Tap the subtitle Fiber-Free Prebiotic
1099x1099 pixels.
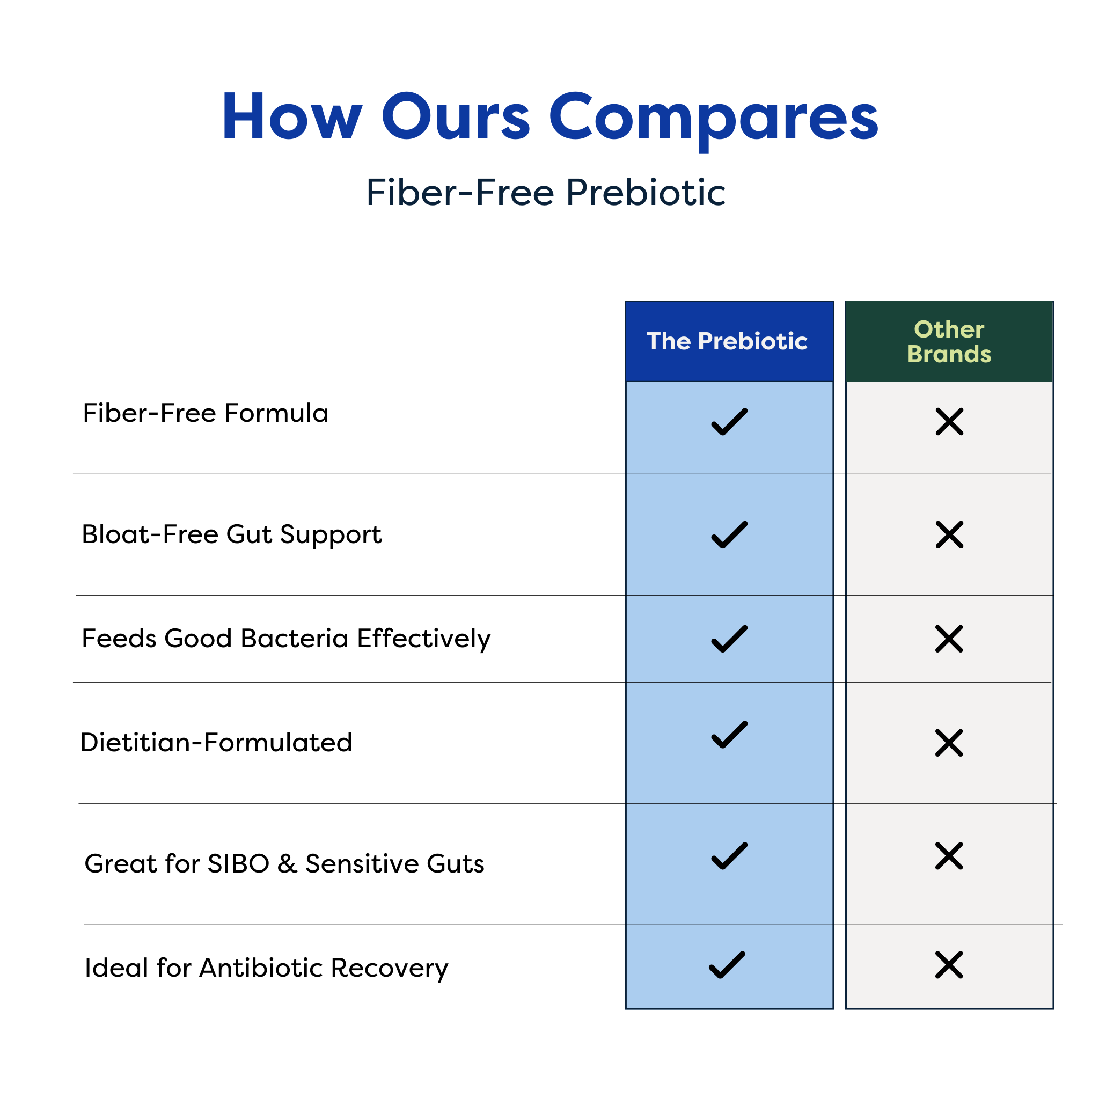click(x=546, y=192)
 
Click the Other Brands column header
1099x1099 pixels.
click(x=949, y=341)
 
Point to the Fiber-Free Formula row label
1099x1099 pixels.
click(x=206, y=413)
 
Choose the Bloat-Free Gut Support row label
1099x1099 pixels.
click(x=231, y=534)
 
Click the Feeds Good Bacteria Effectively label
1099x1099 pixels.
click(x=286, y=639)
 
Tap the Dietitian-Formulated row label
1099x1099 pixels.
click(x=216, y=743)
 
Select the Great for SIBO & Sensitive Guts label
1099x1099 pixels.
click(x=284, y=864)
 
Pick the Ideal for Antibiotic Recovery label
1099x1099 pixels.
click(x=266, y=968)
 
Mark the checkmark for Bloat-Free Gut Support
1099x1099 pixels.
click(x=729, y=534)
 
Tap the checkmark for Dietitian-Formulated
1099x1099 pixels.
click(x=729, y=735)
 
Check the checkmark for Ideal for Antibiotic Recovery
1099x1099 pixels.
click(x=727, y=965)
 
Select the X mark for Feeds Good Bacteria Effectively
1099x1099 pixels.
click(x=949, y=639)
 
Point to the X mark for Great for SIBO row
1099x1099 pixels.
click(x=949, y=856)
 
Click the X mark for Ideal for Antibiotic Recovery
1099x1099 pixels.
click(x=949, y=965)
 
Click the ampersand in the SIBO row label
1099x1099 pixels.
click(x=287, y=864)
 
